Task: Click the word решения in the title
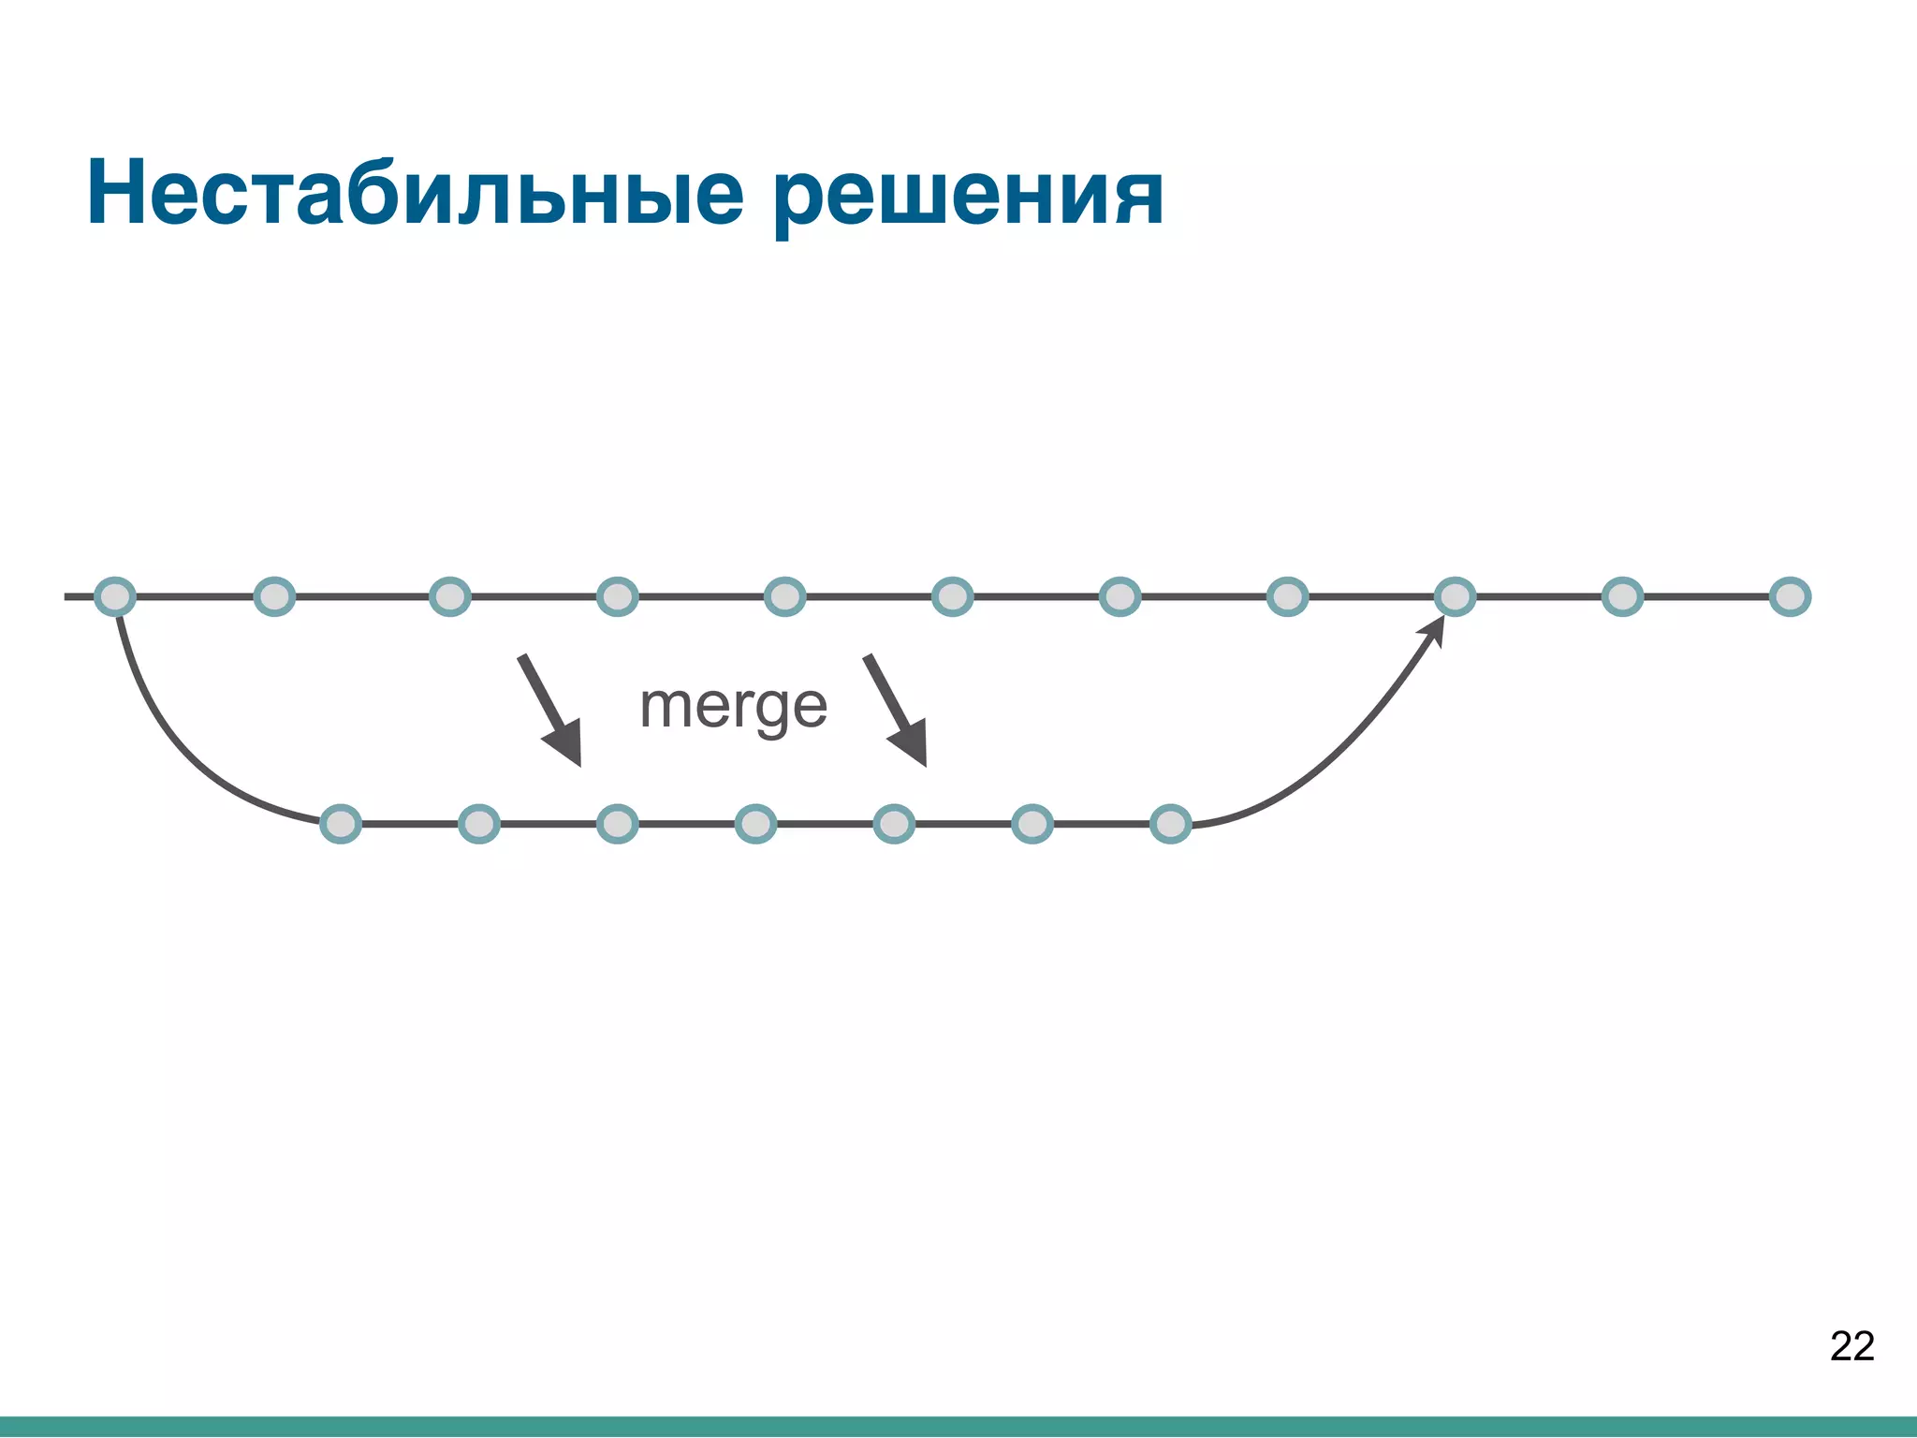(x=968, y=197)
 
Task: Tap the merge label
(x=733, y=707)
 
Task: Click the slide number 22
(x=1851, y=1346)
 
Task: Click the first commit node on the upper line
(x=115, y=596)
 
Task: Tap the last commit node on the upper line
(x=1790, y=596)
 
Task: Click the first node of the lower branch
(x=341, y=824)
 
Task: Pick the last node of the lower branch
(x=1170, y=824)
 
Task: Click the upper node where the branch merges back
(x=1455, y=596)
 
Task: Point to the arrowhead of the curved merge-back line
(x=1433, y=630)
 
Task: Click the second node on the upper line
(x=274, y=596)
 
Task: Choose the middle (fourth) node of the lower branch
(x=755, y=824)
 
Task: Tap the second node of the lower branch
(x=479, y=824)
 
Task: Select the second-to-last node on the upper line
(x=1622, y=596)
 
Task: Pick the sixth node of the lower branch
(x=1032, y=824)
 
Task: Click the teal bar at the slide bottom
(x=958, y=1427)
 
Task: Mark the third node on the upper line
(x=449, y=596)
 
